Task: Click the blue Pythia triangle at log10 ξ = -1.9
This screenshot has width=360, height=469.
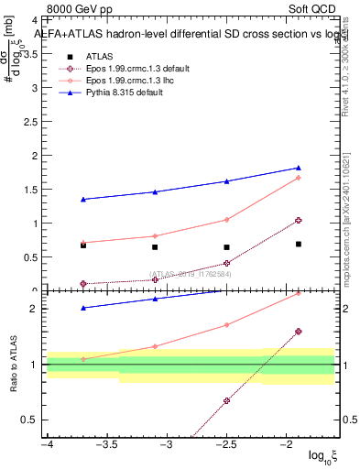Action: point(299,168)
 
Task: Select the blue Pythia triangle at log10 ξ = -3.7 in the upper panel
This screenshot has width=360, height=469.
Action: point(83,199)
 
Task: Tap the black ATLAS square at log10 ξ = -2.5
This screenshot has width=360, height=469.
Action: point(226,246)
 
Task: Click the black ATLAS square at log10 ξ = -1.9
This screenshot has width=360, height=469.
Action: point(299,244)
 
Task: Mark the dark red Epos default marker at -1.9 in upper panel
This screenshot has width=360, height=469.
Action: point(299,221)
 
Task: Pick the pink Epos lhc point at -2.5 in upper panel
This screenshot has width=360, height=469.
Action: point(226,220)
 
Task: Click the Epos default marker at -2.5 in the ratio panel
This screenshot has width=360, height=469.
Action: point(226,400)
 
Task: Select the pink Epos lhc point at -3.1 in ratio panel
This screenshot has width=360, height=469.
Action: point(155,346)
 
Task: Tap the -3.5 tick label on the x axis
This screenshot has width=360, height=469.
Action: point(106,443)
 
